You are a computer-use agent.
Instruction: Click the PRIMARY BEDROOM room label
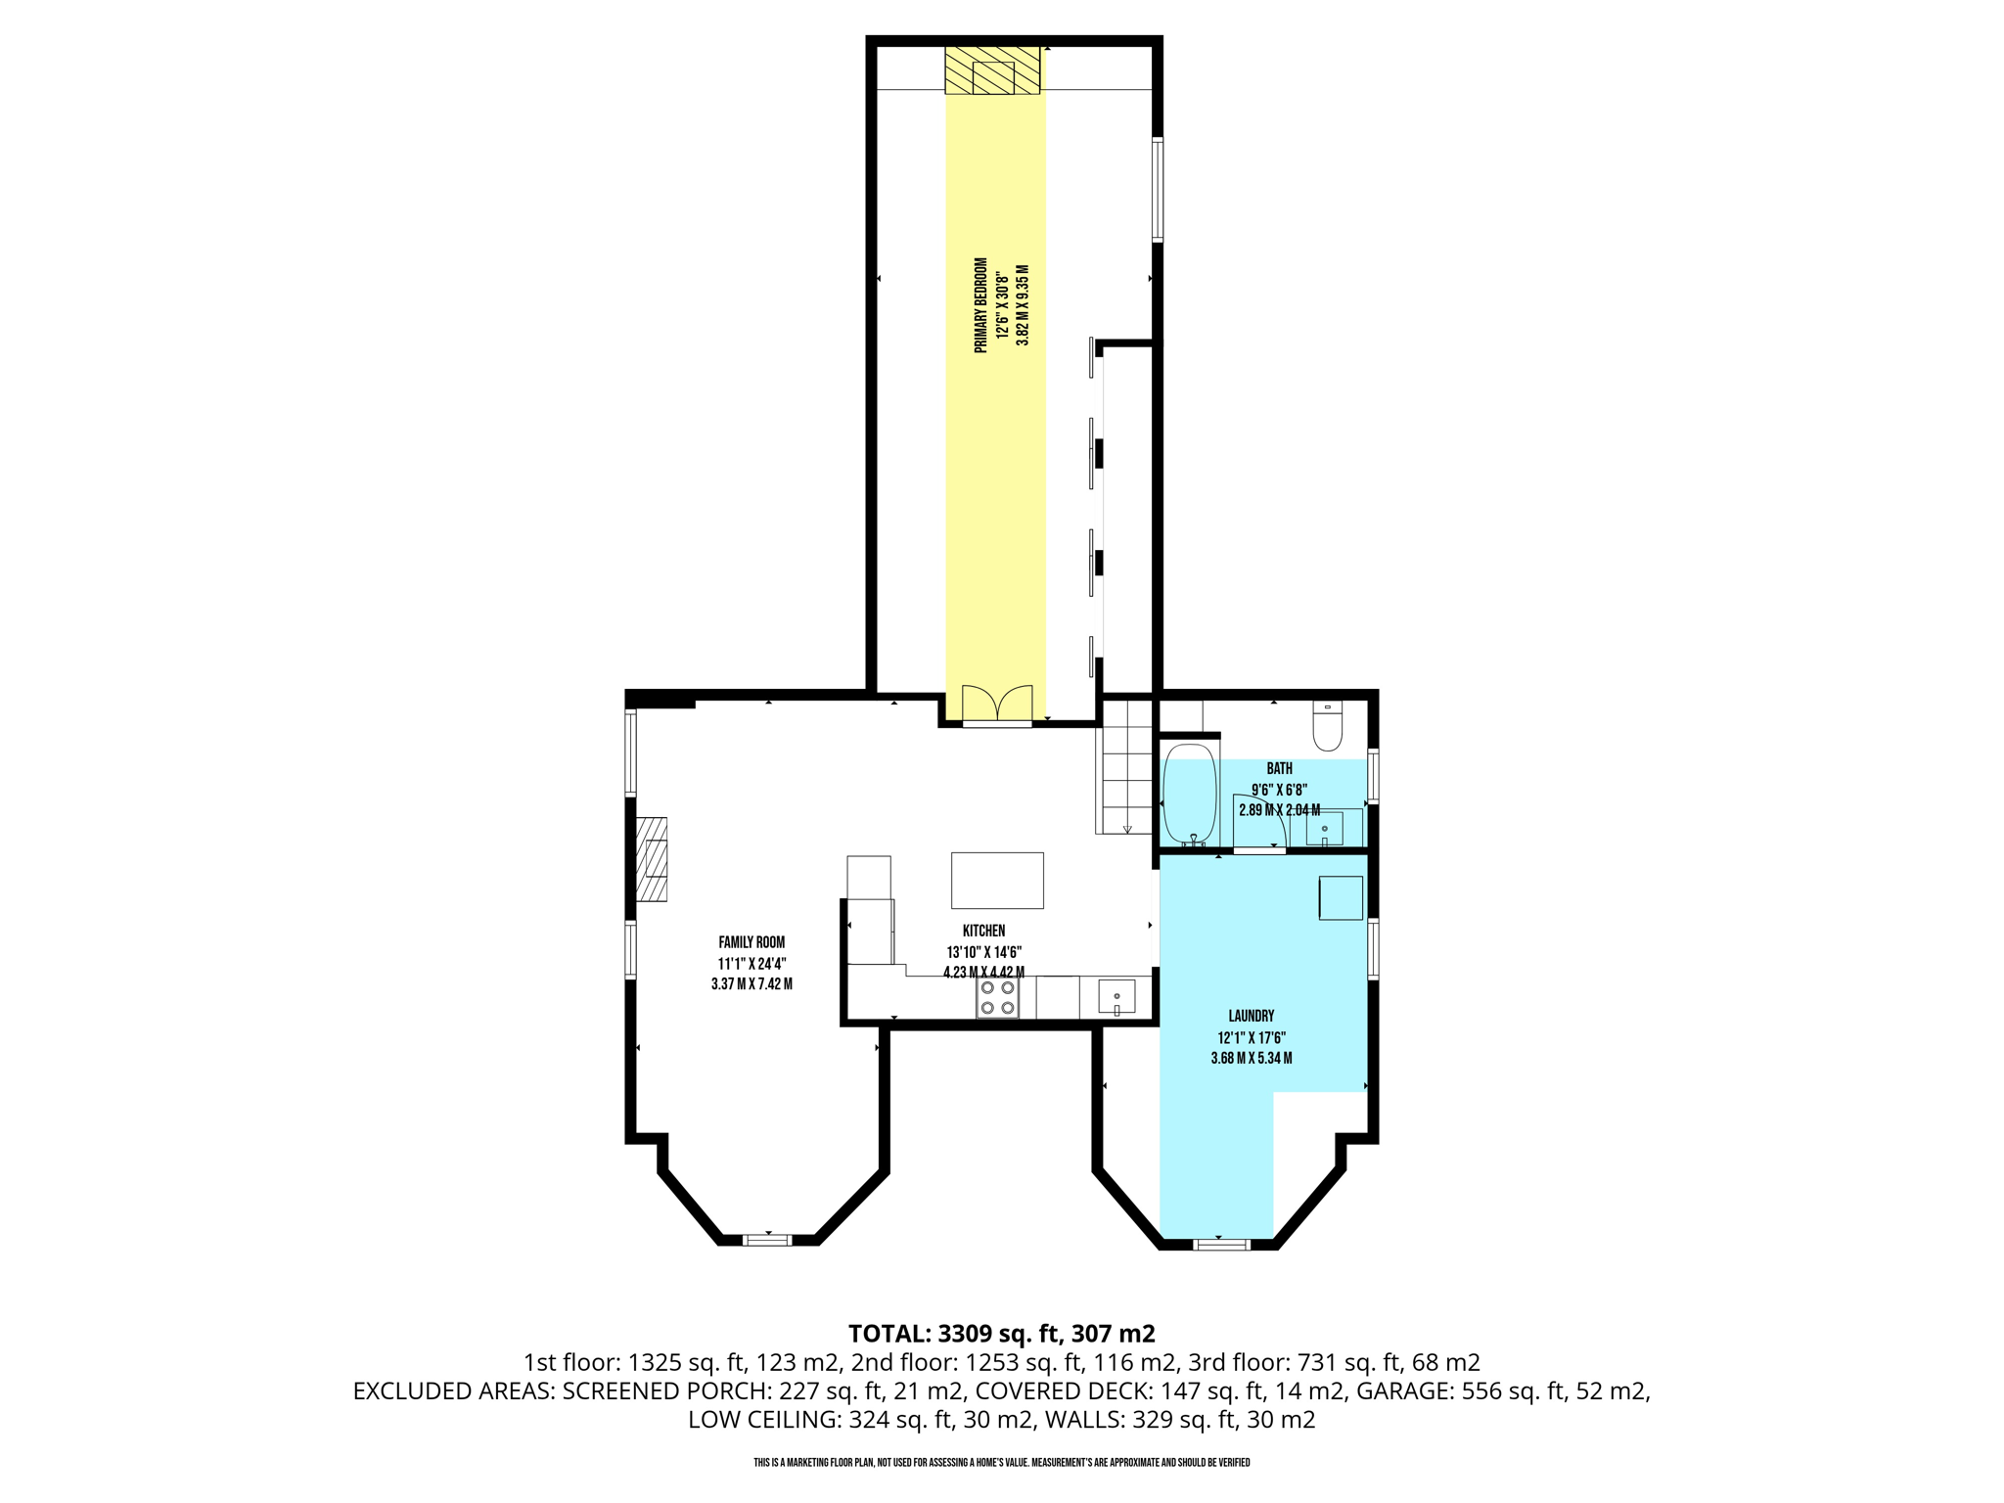pyautogui.click(x=980, y=304)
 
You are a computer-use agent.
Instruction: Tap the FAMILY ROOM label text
pyautogui.click(x=751, y=942)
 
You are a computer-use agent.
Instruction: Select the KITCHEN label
pyautogui.click(x=983, y=931)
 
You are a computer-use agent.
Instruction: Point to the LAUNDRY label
pyautogui.click(x=1252, y=1016)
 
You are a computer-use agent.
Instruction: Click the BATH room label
pyautogui.click(x=1279, y=769)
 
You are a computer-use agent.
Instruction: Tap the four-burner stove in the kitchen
pyautogui.click(x=997, y=997)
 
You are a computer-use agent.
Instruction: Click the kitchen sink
pyautogui.click(x=1116, y=997)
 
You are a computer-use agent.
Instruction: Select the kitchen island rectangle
pyautogui.click(x=997, y=880)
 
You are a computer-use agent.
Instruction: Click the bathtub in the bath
pyautogui.click(x=1189, y=793)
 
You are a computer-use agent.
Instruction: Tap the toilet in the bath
pyautogui.click(x=1328, y=727)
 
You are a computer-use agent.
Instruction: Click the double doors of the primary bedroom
pyautogui.click(x=997, y=705)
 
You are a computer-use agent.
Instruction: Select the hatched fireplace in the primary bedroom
pyautogui.click(x=992, y=71)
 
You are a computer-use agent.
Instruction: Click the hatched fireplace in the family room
pyautogui.click(x=653, y=859)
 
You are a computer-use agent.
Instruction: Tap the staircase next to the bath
pyautogui.click(x=1126, y=768)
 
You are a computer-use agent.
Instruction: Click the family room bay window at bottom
pyautogui.click(x=767, y=1240)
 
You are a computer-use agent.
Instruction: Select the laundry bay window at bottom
pyautogui.click(x=1221, y=1245)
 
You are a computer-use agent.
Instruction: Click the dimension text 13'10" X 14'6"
pyautogui.click(x=983, y=952)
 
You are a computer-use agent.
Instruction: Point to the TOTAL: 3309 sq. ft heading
pyautogui.click(x=1001, y=1333)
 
